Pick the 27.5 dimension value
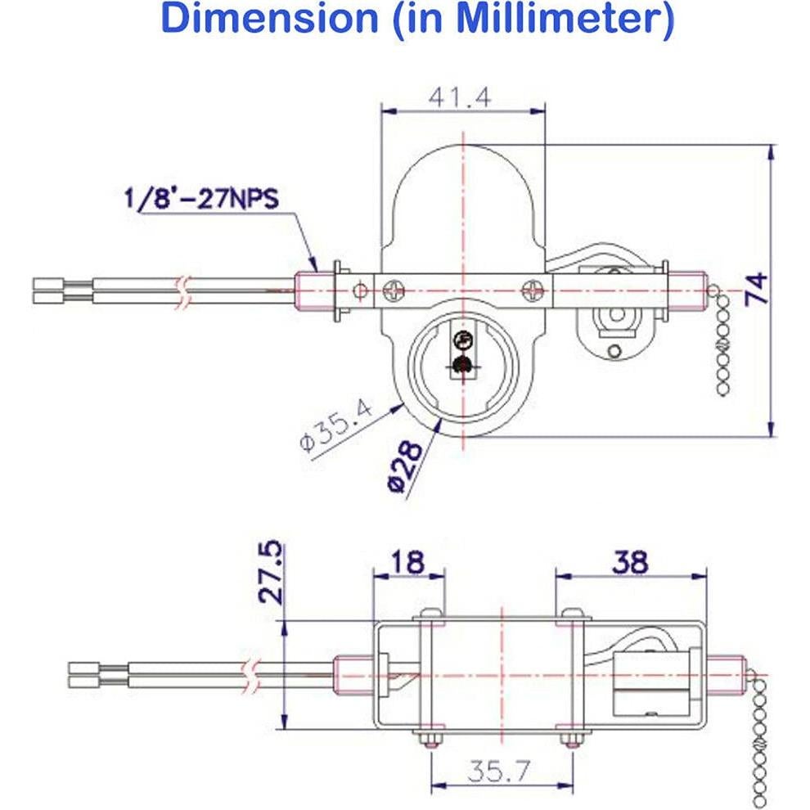(272, 572)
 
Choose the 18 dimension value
(408, 563)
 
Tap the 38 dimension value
(630, 562)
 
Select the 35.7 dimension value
(501, 769)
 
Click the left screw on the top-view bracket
(393, 289)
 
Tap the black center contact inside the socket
(462, 365)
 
